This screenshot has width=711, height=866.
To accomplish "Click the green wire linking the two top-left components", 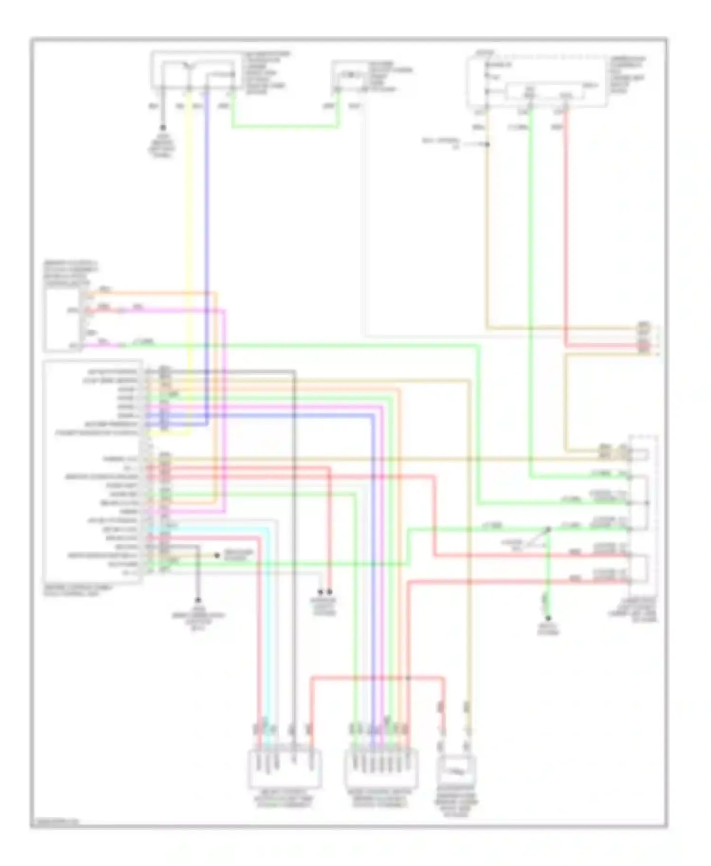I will pos(284,127).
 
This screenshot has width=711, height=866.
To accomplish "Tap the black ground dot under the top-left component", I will pos(163,127).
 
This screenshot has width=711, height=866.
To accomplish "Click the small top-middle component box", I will pos(350,76).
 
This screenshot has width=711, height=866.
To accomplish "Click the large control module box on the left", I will pos(92,471).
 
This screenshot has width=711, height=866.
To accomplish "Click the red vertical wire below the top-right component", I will pos(565,227).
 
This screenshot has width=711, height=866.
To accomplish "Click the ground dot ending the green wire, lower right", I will pos(548,618).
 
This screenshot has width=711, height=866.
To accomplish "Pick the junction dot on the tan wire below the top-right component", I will pos(487,144).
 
